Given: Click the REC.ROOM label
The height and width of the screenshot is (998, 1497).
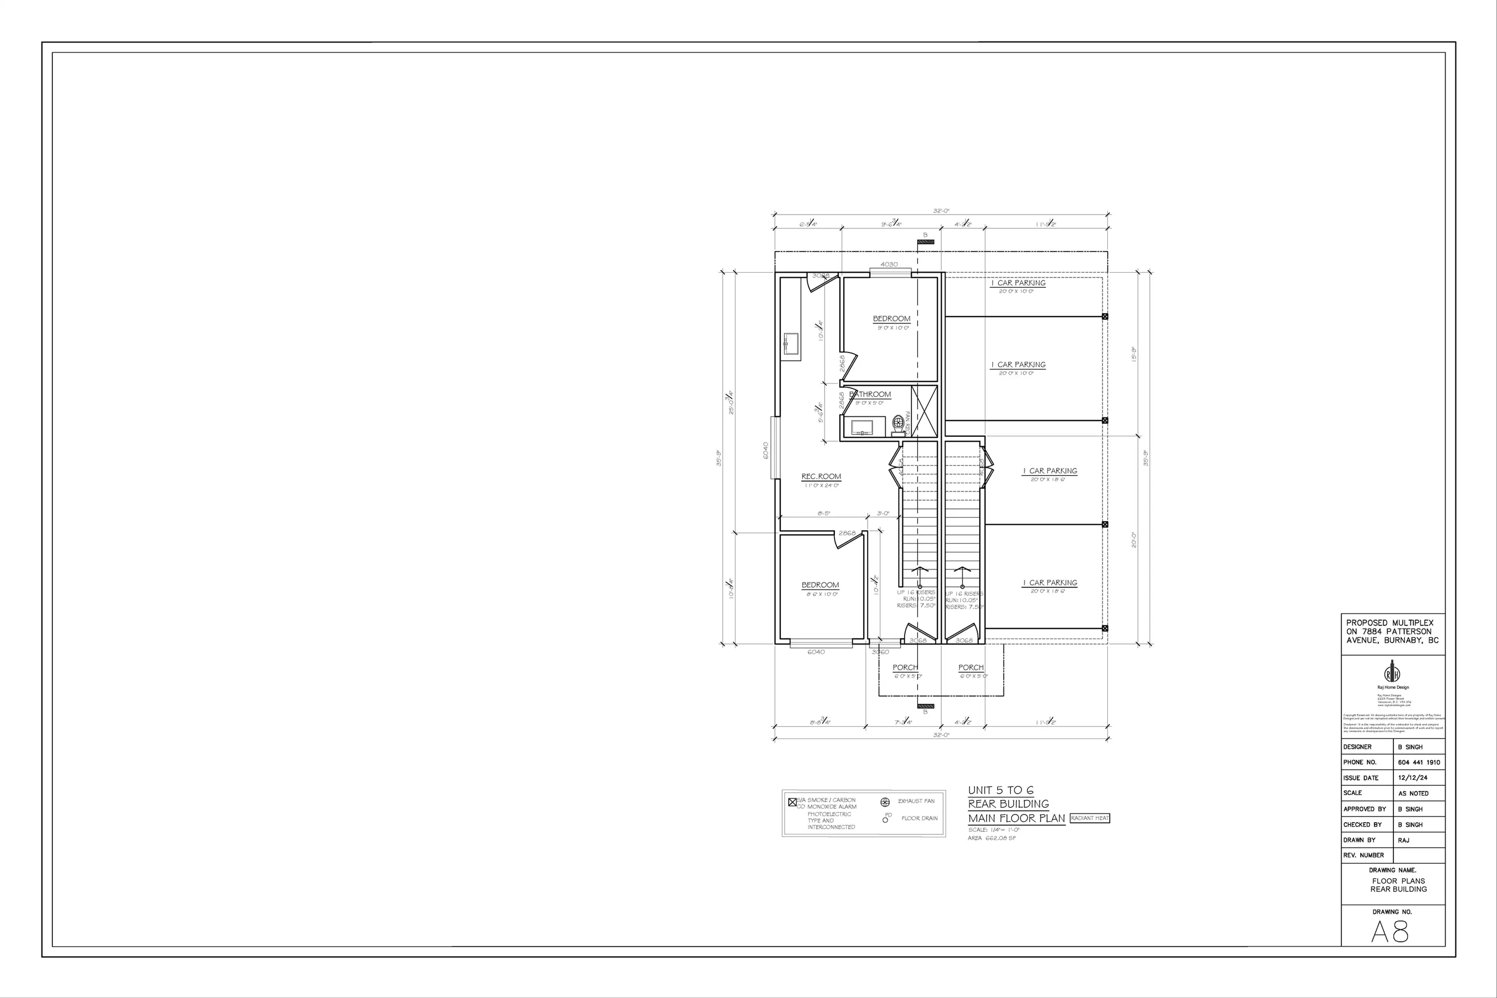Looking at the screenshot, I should coord(821,476).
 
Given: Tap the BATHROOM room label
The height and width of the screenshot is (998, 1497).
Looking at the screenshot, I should coord(870,395).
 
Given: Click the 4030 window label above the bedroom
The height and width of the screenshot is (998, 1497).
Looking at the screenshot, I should coord(889,264).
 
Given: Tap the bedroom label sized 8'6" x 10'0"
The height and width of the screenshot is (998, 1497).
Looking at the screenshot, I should coord(820,585).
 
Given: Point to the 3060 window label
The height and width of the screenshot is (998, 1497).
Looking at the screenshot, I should coord(880,652).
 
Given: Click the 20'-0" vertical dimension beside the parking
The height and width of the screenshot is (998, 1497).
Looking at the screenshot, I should coord(1134,540).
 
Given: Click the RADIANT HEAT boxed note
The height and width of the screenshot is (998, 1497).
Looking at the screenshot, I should coord(1090,818).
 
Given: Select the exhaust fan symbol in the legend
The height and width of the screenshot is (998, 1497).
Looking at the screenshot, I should coord(884,802).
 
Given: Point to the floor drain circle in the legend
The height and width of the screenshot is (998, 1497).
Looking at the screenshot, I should coord(885,820).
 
